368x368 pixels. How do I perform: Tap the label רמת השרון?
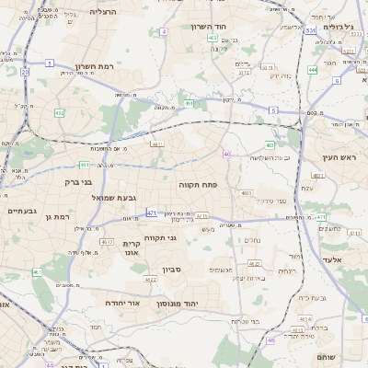(97, 66)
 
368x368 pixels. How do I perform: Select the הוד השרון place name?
(209, 27)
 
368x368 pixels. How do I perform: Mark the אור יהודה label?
(122, 302)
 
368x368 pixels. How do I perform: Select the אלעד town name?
(333, 259)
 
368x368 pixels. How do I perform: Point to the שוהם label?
(326, 357)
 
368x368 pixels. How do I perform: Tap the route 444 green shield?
(313, 69)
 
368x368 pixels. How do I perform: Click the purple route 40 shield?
(226, 154)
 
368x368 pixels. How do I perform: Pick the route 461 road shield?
(37, 272)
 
